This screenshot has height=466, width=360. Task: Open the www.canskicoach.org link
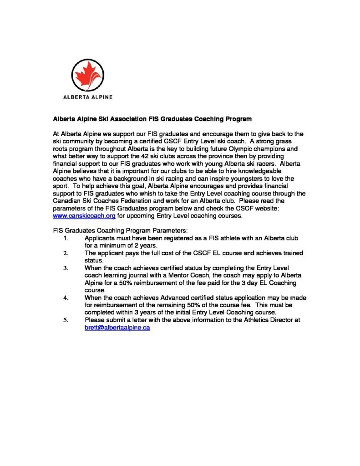pos(78,216)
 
